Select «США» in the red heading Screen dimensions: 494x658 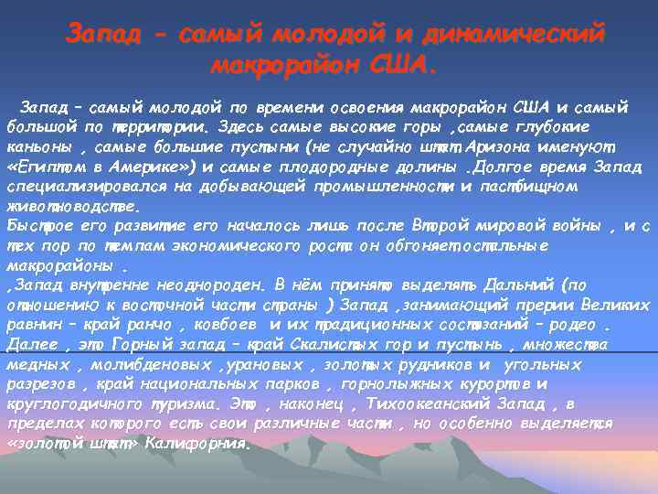407,67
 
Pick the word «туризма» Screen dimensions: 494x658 203,404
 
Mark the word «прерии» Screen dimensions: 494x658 534,306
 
